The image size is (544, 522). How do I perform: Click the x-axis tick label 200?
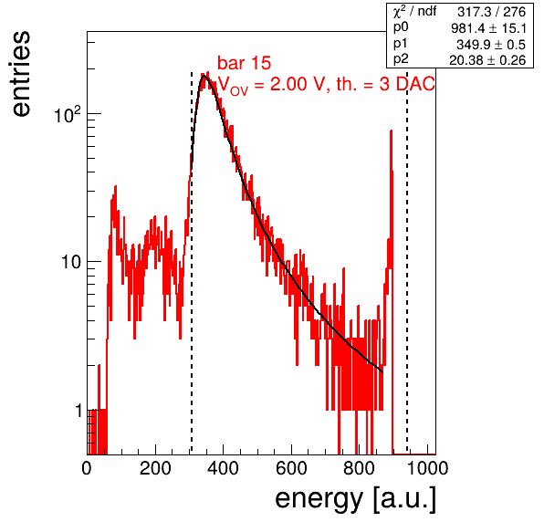click(x=155, y=468)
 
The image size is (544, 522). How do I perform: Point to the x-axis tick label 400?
click(x=223, y=468)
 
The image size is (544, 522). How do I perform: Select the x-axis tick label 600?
click(x=291, y=468)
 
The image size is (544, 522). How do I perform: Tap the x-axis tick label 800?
click(x=360, y=468)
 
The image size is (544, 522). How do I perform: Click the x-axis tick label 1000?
click(x=427, y=468)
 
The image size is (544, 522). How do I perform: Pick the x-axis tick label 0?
click(x=87, y=468)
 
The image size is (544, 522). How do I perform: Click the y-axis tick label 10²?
click(x=68, y=115)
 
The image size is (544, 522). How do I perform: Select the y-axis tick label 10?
click(x=71, y=263)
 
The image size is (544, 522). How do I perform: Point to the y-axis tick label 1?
click(x=78, y=411)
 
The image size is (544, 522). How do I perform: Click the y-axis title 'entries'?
click(x=22, y=74)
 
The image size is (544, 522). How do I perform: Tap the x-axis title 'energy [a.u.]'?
click(x=355, y=499)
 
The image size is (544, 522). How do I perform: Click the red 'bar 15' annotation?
click(x=245, y=63)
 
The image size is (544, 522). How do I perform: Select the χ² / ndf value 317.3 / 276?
click(x=491, y=12)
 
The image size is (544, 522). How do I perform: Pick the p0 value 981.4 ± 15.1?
click(x=488, y=28)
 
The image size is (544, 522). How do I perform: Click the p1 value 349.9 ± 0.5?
click(x=491, y=45)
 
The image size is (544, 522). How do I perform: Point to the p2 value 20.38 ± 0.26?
click(x=487, y=60)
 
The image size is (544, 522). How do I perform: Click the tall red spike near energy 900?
click(x=392, y=194)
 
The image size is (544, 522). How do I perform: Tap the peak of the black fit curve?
click(x=204, y=75)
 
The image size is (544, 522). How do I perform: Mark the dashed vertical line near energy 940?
click(x=407, y=264)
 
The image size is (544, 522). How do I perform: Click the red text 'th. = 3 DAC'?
click(x=385, y=84)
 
